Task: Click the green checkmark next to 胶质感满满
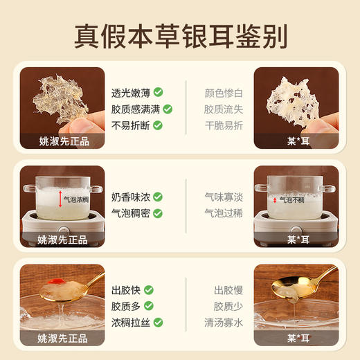pyautogui.click(x=168, y=109)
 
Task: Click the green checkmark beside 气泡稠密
pyautogui.click(x=158, y=213)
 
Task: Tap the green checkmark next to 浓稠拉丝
pyautogui.click(x=158, y=323)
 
